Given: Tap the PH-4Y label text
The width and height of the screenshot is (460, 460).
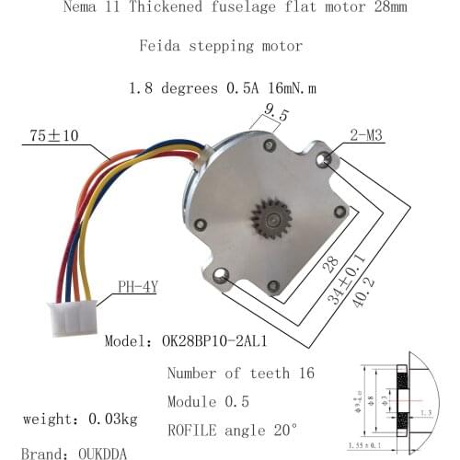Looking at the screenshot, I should pyautogui.click(x=137, y=286).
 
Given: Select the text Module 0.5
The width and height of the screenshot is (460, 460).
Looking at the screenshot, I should pyautogui.click(x=222, y=402).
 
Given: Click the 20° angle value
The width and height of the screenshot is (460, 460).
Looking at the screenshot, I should pyautogui.click(x=279, y=430).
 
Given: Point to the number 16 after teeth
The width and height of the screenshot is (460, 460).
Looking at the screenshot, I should pyautogui.click(x=304, y=374).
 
